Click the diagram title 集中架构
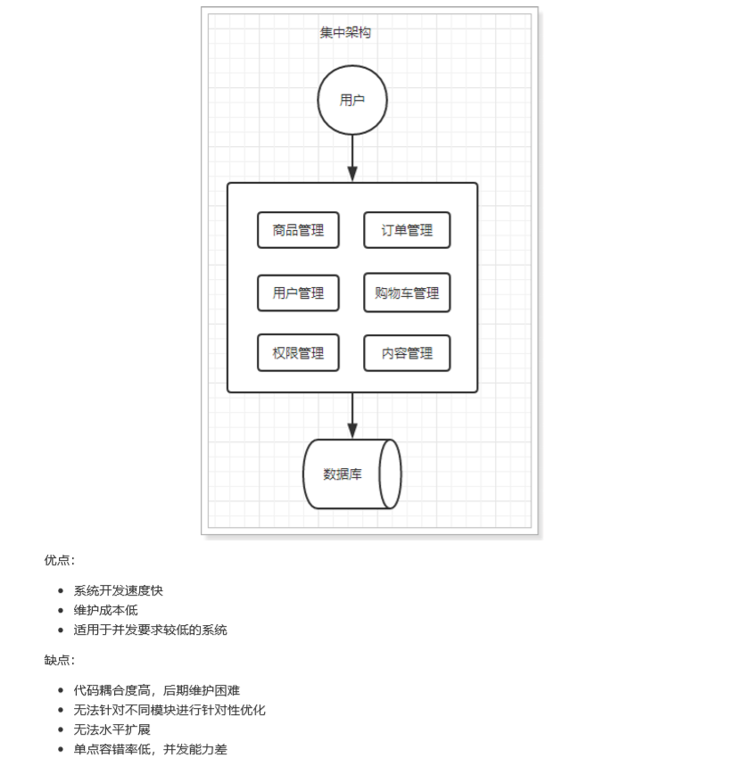(345, 33)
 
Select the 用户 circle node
(352, 100)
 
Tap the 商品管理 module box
(298, 230)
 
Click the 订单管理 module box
(407, 230)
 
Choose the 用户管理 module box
(298, 293)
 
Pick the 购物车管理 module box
(407, 293)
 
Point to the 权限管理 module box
(298, 353)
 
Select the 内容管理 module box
(407, 353)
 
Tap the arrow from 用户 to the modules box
(352, 158)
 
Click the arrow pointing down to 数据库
(352, 416)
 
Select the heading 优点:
(60, 561)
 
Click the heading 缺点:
(60, 661)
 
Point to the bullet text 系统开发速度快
(119, 590)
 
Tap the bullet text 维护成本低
(105, 610)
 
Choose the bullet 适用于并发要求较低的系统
(150, 630)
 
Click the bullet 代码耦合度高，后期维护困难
(156, 690)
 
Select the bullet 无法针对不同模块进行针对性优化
(169, 710)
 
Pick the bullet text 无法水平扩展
(111, 729)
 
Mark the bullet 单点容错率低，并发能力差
(150, 749)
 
